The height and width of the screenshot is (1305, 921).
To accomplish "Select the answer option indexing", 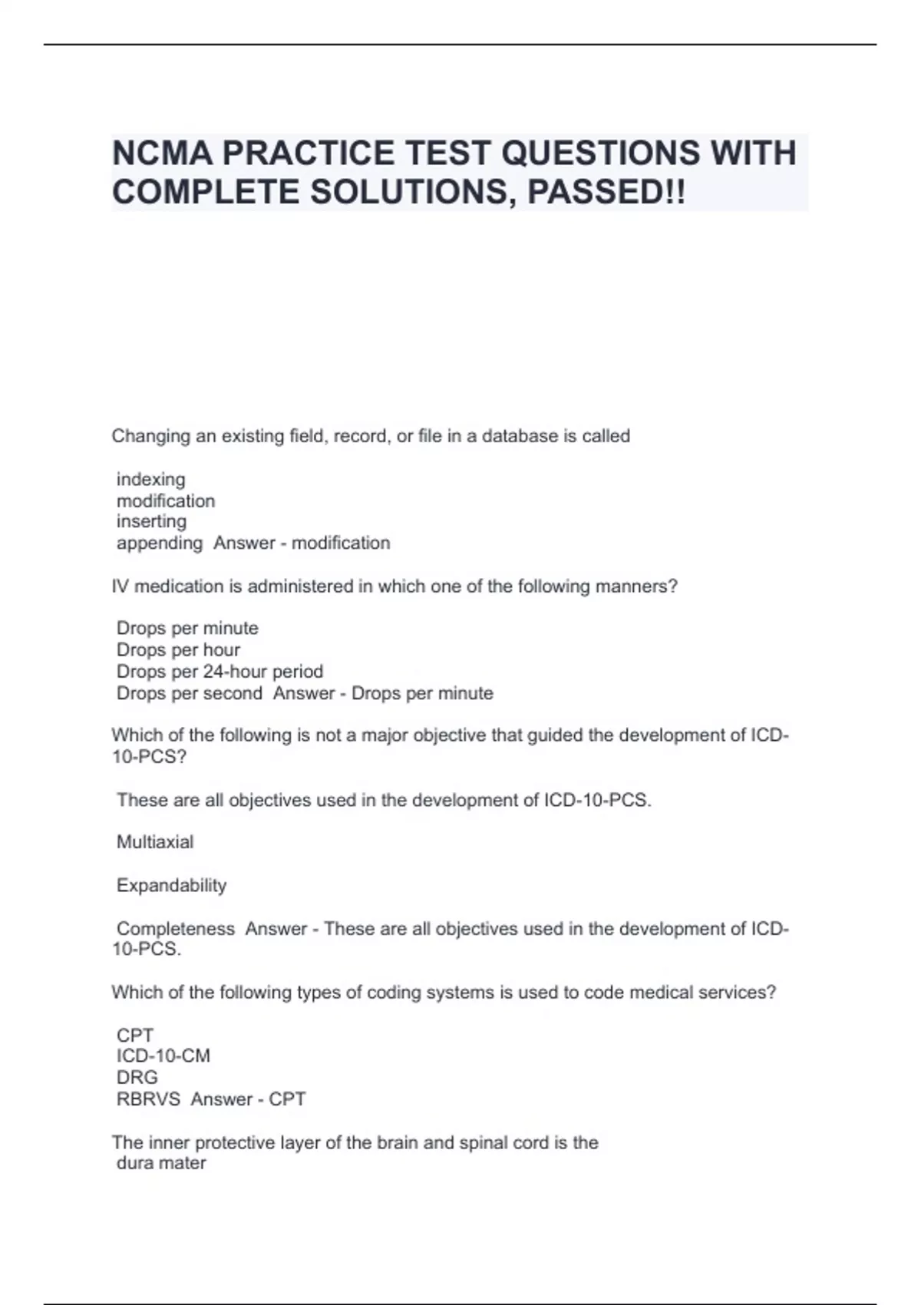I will [x=150, y=480].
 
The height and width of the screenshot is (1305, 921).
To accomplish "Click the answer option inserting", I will [x=151, y=522].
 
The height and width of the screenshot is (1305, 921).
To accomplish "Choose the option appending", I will [x=159, y=543].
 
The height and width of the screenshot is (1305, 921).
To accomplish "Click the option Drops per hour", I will [x=178, y=650].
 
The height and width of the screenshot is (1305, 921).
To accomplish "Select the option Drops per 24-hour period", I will [x=220, y=672].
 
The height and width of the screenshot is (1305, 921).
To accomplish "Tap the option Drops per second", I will [x=189, y=693].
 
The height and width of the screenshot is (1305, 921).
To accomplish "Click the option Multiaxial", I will [x=155, y=842].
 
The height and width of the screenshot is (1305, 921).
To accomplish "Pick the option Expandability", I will [x=171, y=885].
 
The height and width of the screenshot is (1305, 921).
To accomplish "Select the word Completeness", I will [x=175, y=929].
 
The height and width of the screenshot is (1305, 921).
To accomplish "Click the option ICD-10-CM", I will [x=163, y=1056].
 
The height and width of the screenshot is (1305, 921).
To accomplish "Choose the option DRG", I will [x=137, y=1078].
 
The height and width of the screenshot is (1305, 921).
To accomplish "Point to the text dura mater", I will [x=161, y=1164].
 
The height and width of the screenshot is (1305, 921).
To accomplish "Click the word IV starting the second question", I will [x=120, y=586].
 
